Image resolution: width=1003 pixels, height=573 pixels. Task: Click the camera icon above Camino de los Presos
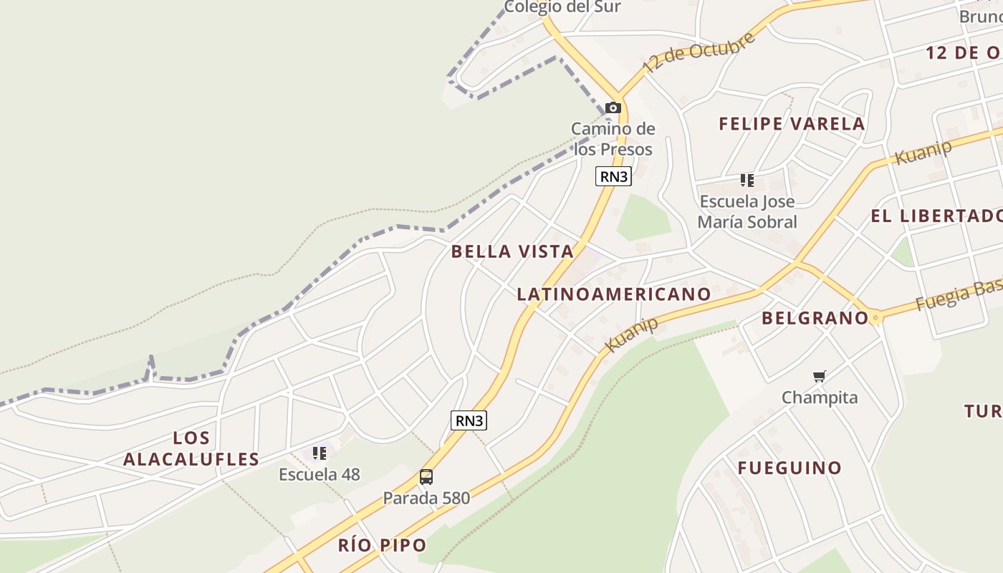coord(613,107)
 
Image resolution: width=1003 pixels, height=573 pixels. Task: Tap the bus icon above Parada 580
coord(426,477)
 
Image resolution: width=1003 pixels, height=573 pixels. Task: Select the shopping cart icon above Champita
coord(820,376)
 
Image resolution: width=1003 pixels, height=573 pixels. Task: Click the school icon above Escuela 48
coord(320,453)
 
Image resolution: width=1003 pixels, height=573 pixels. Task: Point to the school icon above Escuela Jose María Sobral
coord(747,180)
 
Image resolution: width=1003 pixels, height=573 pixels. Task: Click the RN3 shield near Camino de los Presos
coord(613,176)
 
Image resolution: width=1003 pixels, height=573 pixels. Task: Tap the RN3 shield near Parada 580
coord(469,420)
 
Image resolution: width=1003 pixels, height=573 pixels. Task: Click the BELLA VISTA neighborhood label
coord(512,251)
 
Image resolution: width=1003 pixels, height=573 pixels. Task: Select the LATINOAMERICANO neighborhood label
coord(614,294)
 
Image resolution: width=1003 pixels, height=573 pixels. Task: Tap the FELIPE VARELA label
coord(792,124)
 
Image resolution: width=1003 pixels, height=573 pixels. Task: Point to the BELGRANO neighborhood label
coord(815,318)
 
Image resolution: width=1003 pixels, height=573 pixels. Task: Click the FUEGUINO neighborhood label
coord(790,468)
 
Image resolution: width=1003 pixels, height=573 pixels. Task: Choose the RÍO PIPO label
coord(382,545)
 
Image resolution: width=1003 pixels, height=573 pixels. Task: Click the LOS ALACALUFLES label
coord(191,448)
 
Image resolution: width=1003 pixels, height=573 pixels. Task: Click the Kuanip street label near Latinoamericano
coord(631,334)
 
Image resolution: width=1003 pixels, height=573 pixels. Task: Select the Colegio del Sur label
coord(562,7)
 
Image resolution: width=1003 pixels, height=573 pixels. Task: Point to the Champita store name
coord(820,398)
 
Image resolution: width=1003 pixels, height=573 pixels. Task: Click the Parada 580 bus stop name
coord(426,498)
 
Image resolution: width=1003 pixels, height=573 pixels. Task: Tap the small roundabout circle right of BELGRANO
coord(875,317)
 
